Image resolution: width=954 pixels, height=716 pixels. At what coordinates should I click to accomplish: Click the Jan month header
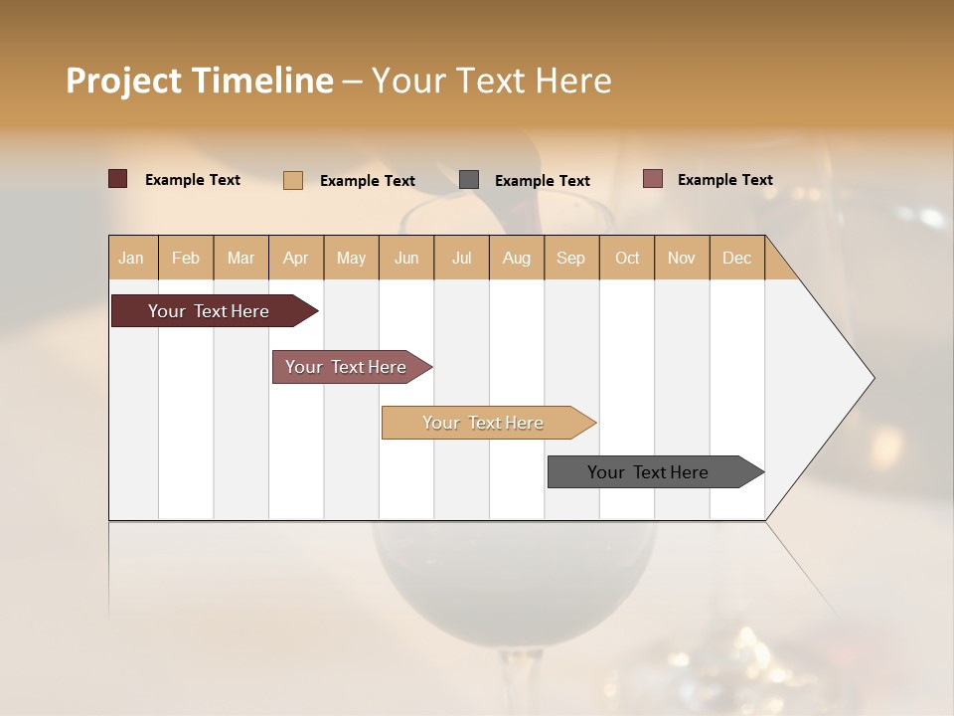pos(131,258)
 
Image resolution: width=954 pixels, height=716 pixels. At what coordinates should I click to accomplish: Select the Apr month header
pos(295,258)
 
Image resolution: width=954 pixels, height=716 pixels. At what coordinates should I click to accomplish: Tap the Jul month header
pos(461,258)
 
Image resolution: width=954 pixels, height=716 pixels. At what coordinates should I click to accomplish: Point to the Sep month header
pos(570,258)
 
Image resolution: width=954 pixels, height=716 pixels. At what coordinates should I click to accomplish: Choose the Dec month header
pos(736,258)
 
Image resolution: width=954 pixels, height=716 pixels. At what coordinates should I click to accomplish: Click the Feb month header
pos(186,258)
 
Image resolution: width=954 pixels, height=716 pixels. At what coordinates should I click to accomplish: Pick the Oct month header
pos(627,258)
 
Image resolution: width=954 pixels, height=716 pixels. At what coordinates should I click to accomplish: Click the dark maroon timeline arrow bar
pos(209,311)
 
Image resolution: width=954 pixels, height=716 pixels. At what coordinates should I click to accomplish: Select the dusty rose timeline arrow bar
pos(346,367)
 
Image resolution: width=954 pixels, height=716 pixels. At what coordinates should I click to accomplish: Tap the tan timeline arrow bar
pos(483,423)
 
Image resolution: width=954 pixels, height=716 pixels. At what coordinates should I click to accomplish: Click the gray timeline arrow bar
pos(648,472)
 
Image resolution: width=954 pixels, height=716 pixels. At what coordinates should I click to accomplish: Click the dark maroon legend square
pos(118,179)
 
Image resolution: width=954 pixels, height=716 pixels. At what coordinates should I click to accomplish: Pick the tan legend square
pos(293,180)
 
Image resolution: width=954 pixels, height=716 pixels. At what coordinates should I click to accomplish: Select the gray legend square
pos(469,180)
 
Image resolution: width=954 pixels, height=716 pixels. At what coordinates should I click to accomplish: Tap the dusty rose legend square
pos(653,179)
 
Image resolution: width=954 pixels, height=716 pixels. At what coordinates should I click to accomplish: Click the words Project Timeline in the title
pos(200,81)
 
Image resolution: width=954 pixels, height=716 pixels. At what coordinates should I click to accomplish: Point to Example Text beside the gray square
pos(543,181)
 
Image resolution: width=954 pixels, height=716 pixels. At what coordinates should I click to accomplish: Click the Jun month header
pos(406,258)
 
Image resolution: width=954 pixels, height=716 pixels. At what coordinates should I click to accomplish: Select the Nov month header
pos(682,258)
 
